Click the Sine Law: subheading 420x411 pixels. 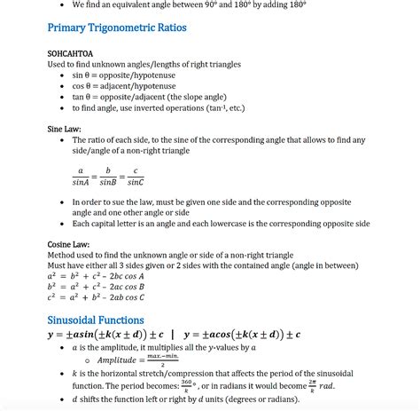pyautogui.click(x=66, y=129)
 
